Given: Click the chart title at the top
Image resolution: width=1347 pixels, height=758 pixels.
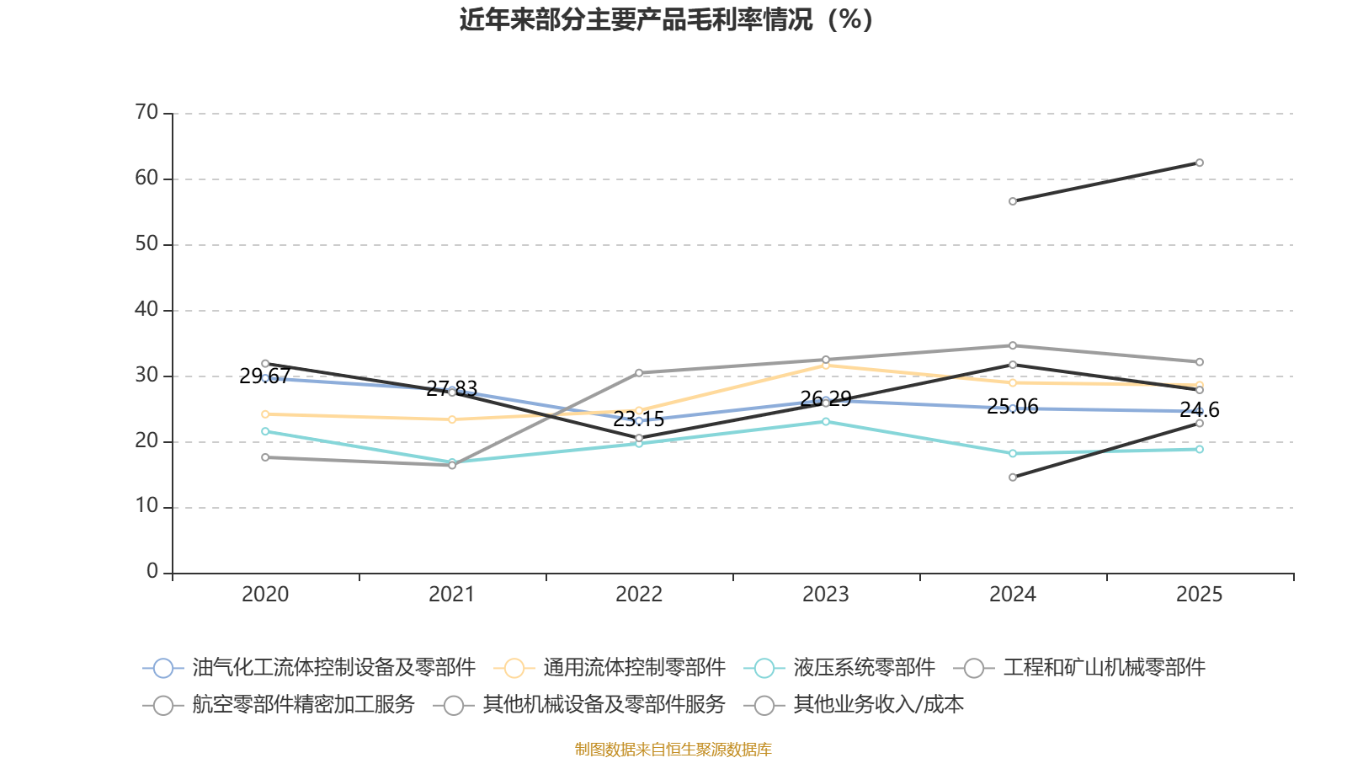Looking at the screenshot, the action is click(666, 20).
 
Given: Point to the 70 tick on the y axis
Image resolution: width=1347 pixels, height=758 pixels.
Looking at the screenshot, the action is click(146, 112).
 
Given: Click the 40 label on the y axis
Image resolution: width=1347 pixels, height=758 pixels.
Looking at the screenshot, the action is click(146, 309).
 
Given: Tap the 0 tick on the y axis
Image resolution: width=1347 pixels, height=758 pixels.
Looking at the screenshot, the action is click(152, 571).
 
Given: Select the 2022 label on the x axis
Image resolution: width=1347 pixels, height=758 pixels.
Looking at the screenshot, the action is click(639, 595).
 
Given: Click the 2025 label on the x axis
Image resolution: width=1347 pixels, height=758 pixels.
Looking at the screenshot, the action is click(1199, 595).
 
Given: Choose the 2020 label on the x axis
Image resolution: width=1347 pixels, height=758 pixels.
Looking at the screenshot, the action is click(265, 595).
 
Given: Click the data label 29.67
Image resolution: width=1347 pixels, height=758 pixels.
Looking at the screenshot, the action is click(265, 376).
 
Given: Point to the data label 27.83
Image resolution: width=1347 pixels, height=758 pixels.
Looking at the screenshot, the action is click(451, 388).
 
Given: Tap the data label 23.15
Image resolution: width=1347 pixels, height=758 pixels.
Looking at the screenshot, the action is click(639, 419).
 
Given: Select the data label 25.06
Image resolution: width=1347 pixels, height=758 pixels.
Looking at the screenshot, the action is click(1013, 407).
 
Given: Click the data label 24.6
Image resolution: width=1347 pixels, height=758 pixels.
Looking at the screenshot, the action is click(1199, 409).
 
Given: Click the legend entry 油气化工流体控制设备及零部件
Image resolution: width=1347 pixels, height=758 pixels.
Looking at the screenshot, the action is click(309, 668).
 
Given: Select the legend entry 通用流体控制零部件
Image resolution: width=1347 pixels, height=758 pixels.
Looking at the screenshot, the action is click(610, 668).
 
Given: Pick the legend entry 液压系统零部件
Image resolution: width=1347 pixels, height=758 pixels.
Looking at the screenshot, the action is click(839, 668).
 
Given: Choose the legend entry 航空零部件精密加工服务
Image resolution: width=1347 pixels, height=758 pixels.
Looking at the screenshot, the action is click(279, 704).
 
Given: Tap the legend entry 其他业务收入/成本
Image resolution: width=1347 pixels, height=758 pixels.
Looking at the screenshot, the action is click(854, 704).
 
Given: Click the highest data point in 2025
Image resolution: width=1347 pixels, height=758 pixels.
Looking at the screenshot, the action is click(1199, 163).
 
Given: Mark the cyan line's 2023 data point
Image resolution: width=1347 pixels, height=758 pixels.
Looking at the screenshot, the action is click(826, 422).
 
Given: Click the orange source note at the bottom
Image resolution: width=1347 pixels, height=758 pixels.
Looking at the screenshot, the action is click(673, 749).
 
